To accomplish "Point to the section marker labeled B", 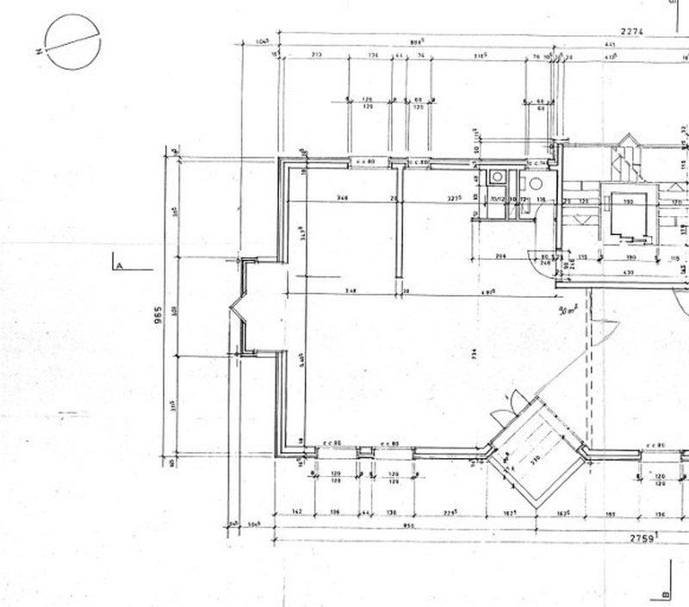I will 665,594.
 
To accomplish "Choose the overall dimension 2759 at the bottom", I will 642,538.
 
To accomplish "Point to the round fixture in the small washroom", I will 536,183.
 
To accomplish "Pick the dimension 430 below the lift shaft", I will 628,273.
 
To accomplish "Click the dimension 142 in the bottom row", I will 295,513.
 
